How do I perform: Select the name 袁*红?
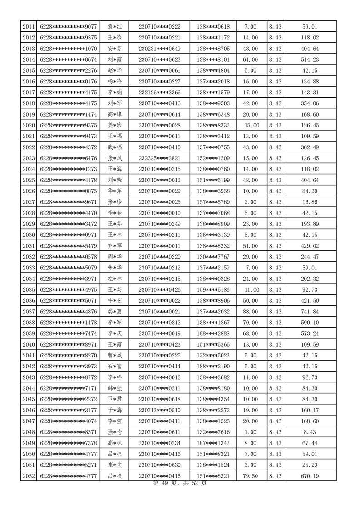tap(114, 27)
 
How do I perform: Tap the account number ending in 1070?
tap(69, 49)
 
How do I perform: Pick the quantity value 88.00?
tap(251, 311)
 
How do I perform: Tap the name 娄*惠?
tap(114, 311)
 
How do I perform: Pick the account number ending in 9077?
tap(69, 27)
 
